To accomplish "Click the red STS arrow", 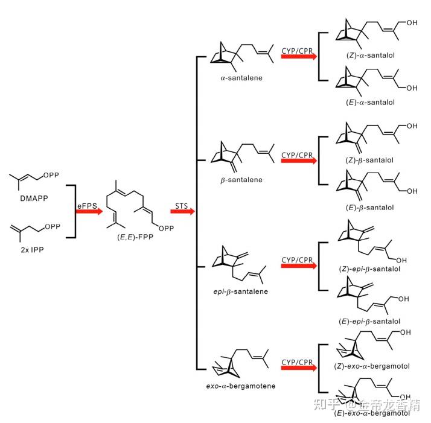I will pos(182,212).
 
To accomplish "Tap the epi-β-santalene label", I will pos(237,291).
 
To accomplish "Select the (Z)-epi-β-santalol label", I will pos(367,269).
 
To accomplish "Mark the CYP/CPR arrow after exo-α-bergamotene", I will pos(297,367).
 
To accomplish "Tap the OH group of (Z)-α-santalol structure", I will pos(412,24).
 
